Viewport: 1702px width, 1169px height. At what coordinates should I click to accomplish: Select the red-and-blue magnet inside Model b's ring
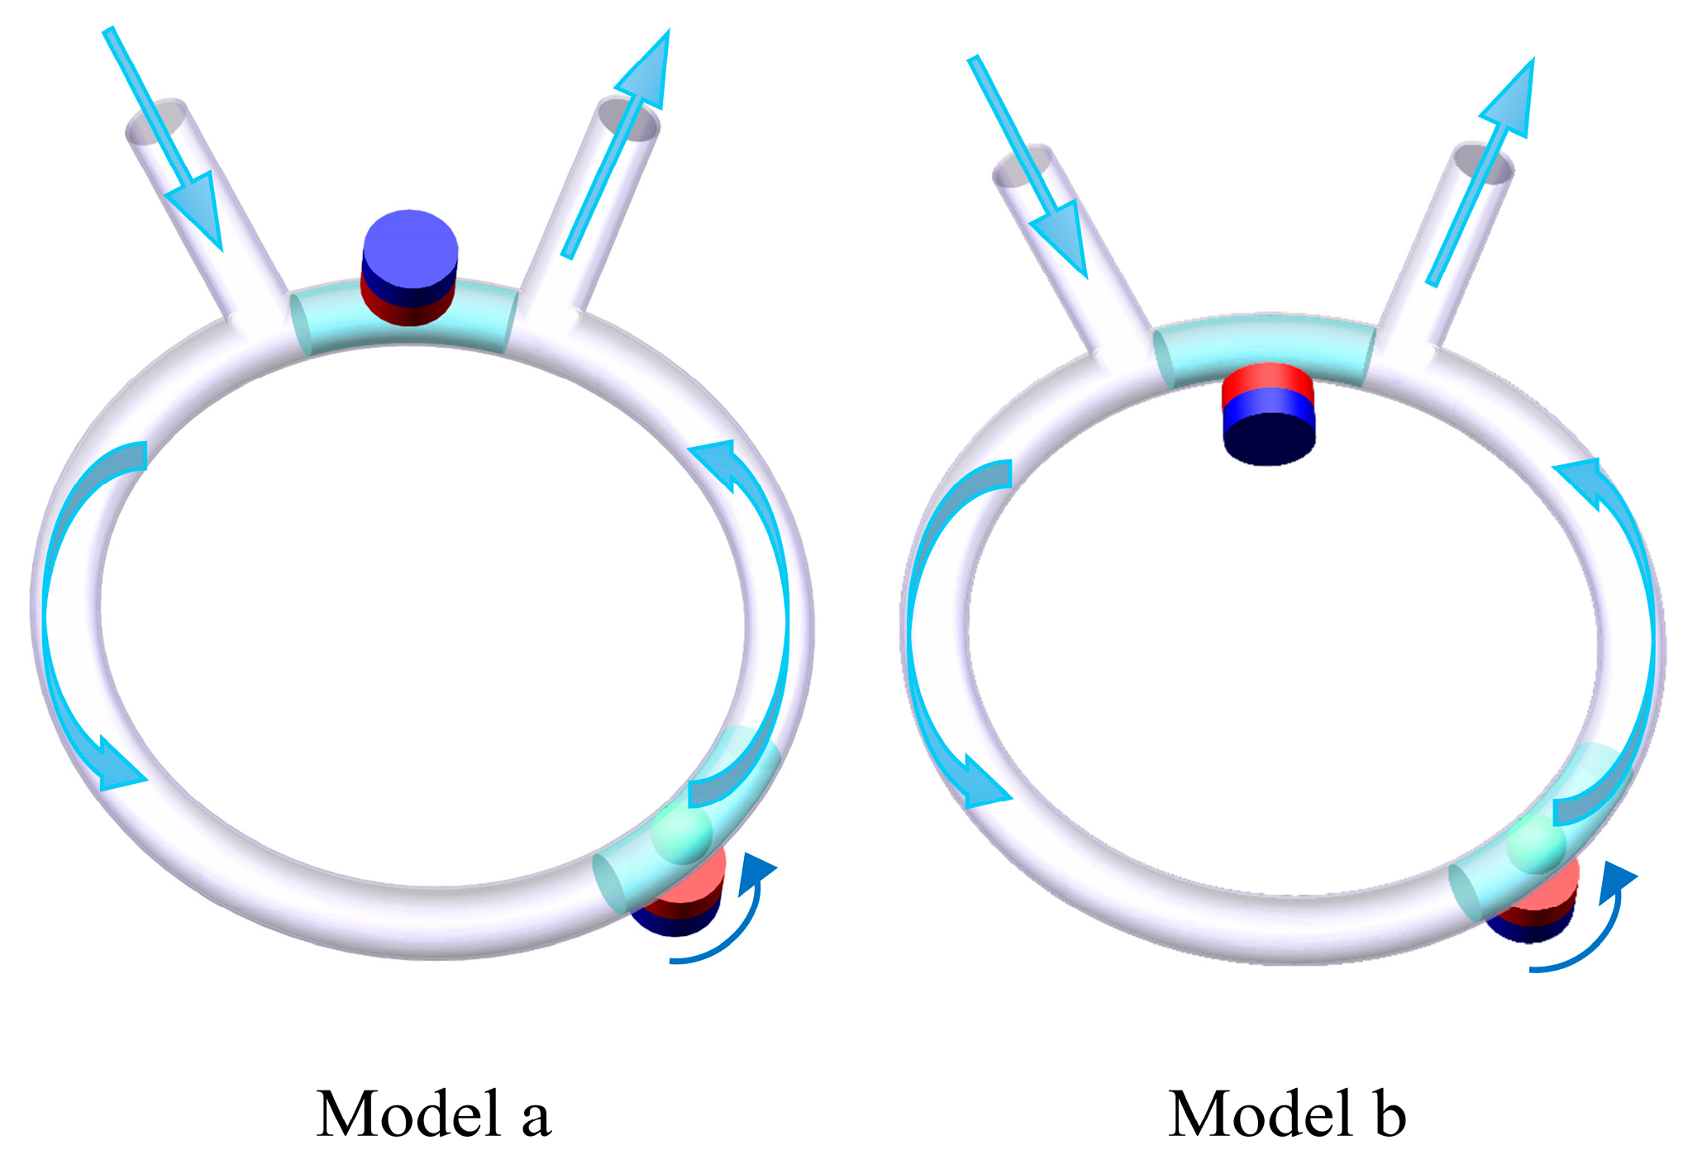coord(1268,413)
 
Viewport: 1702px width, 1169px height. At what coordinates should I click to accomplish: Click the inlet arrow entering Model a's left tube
coord(165,140)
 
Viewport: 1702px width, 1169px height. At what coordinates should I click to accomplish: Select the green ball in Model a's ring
coord(682,834)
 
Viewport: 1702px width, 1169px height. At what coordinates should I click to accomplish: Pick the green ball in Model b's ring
coord(1536,846)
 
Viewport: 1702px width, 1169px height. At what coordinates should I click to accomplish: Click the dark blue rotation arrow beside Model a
coord(736,917)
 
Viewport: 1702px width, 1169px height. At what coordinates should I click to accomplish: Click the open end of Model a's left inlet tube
coord(155,121)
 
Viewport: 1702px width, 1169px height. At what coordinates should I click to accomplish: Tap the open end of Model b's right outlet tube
coord(1484,164)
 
